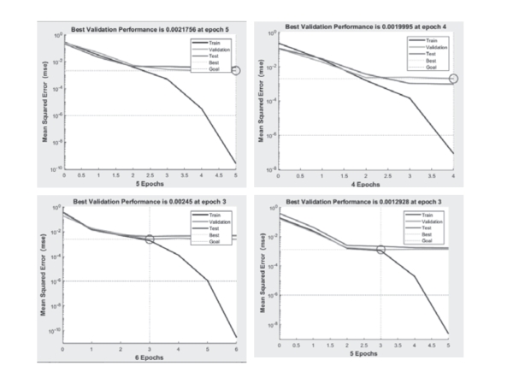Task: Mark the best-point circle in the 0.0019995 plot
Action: tap(453, 79)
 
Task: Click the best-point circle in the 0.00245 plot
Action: tap(150, 239)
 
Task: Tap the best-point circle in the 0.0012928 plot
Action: tap(381, 249)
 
